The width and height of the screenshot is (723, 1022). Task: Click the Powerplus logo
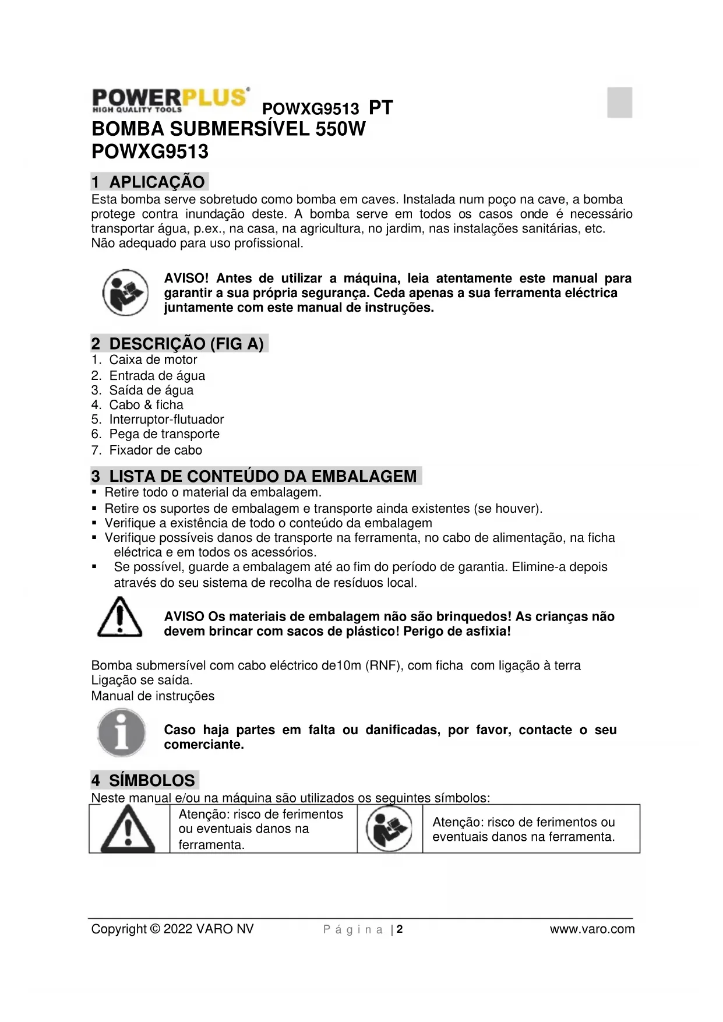click(x=171, y=100)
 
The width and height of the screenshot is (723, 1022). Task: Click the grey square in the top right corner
click(x=619, y=103)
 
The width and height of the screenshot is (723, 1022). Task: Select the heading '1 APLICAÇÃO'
click(x=150, y=182)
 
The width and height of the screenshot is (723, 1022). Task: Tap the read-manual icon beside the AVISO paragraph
click(x=125, y=292)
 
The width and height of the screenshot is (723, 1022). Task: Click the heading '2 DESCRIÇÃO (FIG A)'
click(x=179, y=343)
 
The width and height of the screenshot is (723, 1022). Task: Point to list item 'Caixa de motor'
click(x=153, y=360)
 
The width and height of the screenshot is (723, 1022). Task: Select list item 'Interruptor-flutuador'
click(x=166, y=420)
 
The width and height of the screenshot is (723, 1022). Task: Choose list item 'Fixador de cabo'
click(x=156, y=450)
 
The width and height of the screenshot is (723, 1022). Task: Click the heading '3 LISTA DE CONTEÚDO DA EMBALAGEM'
click(x=256, y=476)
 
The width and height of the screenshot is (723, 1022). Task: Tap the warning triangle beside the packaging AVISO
click(x=119, y=618)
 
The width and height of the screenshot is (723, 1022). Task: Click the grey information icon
click(x=121, y=733)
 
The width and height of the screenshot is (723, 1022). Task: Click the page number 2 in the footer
click(x=400, y=929)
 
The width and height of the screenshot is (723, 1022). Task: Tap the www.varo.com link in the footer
click(x=592, y=929)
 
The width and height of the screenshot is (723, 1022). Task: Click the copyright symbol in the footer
click(x=154, y=929)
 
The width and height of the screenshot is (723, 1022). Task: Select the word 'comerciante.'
click(x=204, y=745)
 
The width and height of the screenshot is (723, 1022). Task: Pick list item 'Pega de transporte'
click(x=164, y=434)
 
